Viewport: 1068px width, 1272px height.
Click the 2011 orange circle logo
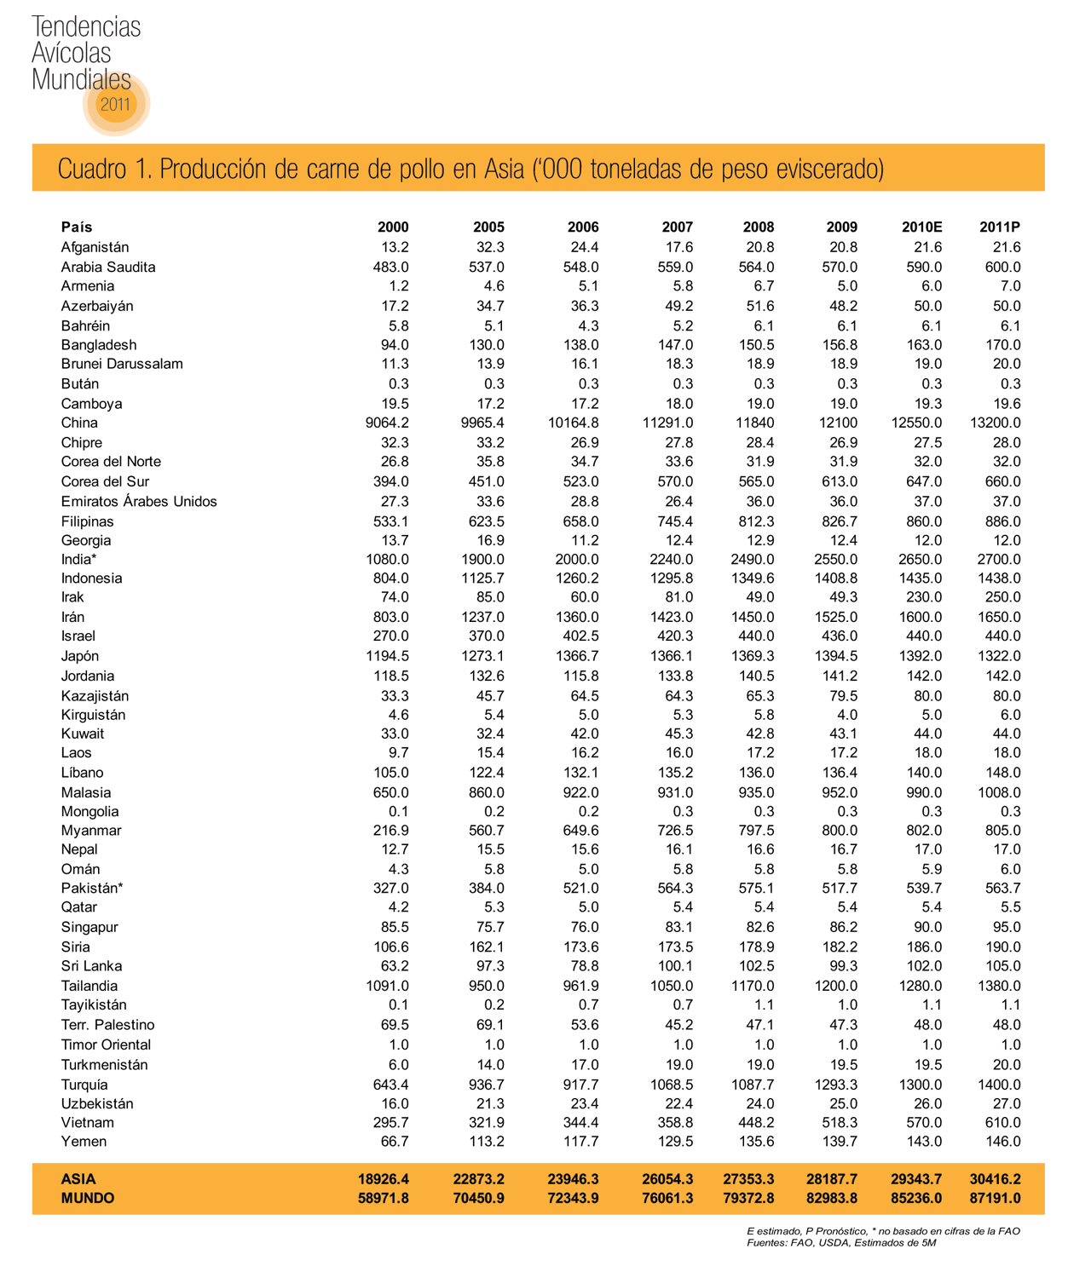coord(116,104)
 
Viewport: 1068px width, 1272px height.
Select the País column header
coord(77,227)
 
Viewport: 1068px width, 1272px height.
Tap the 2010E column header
coord(921,227)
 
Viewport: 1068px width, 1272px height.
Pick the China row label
coord(79,423)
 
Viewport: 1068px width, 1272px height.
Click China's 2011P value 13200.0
coord(994,423)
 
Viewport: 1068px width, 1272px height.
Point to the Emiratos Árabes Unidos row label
coord(139,501)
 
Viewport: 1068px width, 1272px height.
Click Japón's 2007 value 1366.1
coord(671,656)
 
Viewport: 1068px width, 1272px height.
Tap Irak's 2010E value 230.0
coord(924,597)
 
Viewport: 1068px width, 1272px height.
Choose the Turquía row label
coord(84,1085)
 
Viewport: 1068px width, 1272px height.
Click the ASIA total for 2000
coord(383,1179)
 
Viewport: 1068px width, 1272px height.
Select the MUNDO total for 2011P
coord(995,1198)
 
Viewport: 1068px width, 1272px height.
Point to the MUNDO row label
coord(87,1198)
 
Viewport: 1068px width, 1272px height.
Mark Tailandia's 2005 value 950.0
coord(487,986)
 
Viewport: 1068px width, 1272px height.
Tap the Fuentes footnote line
coord(840,1242)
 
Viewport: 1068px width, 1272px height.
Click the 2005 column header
coord(488,227)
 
